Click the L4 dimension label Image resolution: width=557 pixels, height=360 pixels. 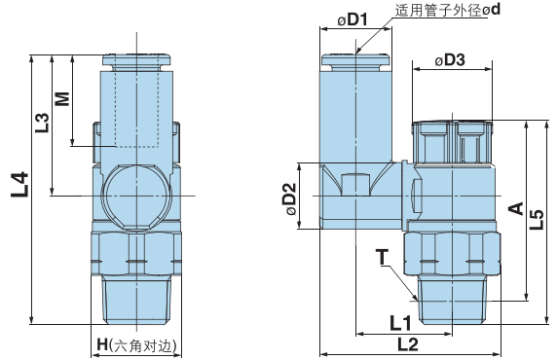click(x=19, y=184)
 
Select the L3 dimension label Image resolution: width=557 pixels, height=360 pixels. click(x=42, y=123)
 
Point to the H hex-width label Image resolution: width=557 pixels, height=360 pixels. click(x=136, y=345)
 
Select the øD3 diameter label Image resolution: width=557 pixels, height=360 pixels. click(x=448, y=60)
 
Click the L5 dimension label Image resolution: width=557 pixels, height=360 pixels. click(x=537, y=218)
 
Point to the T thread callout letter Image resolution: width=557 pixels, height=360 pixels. click(x=383, y=257)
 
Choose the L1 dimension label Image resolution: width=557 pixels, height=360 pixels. click(x=398, y=322)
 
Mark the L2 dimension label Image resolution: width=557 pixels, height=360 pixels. click(x=407, y=344)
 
